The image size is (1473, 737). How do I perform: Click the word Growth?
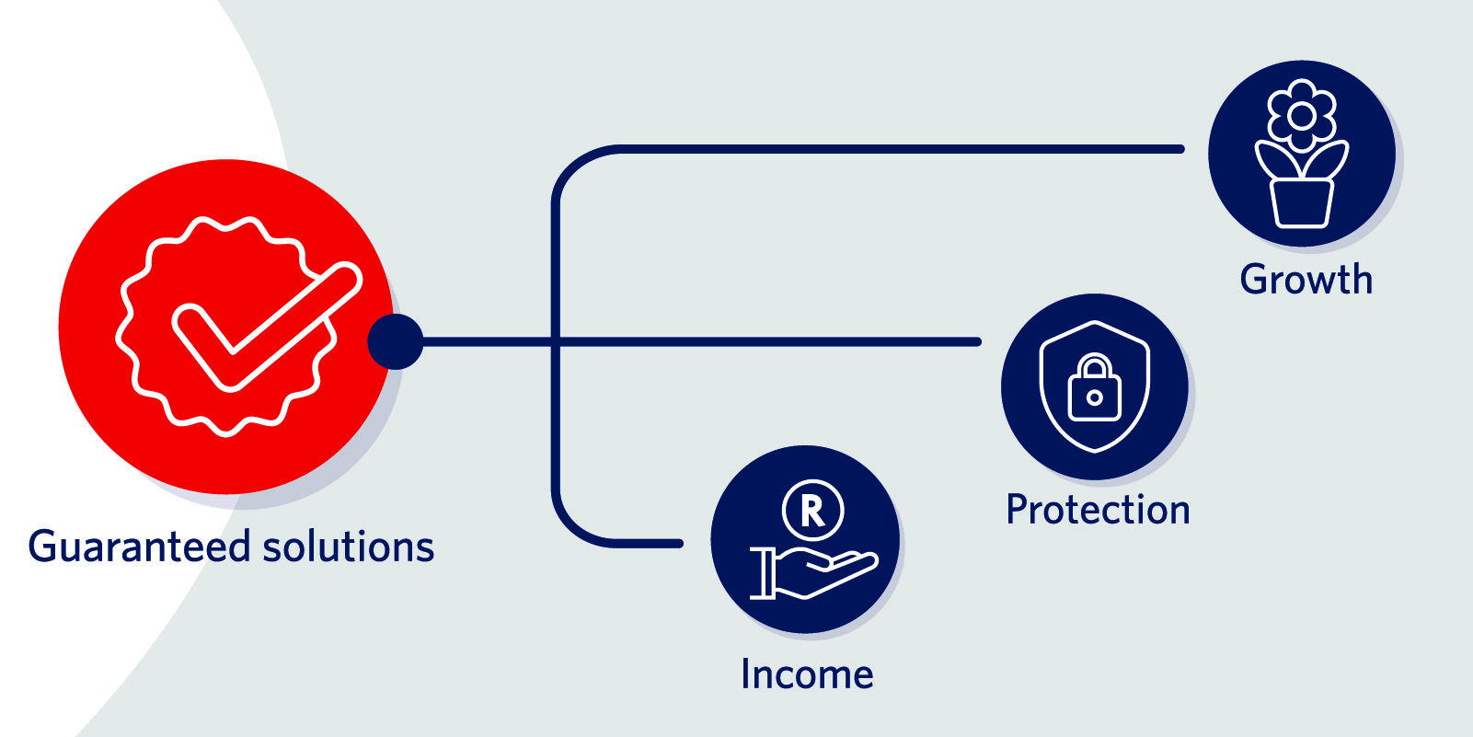point(1306,280)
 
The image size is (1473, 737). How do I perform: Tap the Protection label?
point(1098,509)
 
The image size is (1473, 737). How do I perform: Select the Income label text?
point(807,674)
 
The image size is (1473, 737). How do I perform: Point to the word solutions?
point(349,546)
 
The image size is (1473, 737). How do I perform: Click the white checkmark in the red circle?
point(266,327)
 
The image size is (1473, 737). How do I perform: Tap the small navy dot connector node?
point(396,341)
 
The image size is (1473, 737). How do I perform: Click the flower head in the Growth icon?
point(1301,116)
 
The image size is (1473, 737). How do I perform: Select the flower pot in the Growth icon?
point(1301,203)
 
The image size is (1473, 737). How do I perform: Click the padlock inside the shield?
point(1094,387)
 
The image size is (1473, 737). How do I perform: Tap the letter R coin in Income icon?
point(812,510)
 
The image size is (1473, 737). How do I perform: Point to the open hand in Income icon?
point(825,573)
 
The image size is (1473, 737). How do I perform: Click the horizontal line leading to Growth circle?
point(901,149)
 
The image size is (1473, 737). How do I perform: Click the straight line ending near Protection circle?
point(701,342)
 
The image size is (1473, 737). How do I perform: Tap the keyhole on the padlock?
point(1094,397)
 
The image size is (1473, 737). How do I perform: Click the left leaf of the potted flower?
point(1277,160)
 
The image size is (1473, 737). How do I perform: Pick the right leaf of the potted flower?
point(1326,160)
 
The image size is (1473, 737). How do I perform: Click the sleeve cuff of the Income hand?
point(762,573)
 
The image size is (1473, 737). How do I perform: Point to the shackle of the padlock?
point(1094,365)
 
